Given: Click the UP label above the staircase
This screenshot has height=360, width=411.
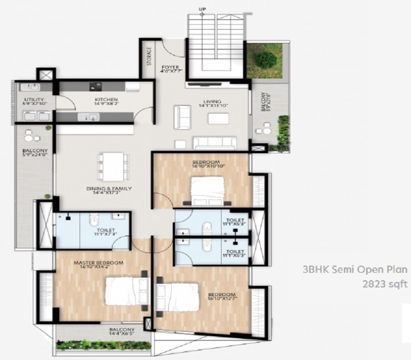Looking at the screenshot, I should pos(201,9).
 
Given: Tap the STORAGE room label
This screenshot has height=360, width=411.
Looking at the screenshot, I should pos(149,57).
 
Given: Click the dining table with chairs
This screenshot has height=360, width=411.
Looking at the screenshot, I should pos(113,166).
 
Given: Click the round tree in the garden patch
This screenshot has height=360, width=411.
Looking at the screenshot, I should pos(266,59).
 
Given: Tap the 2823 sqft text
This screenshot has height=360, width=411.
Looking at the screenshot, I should pos(385,284).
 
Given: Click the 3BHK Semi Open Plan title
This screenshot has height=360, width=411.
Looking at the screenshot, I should pos(356,270).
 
